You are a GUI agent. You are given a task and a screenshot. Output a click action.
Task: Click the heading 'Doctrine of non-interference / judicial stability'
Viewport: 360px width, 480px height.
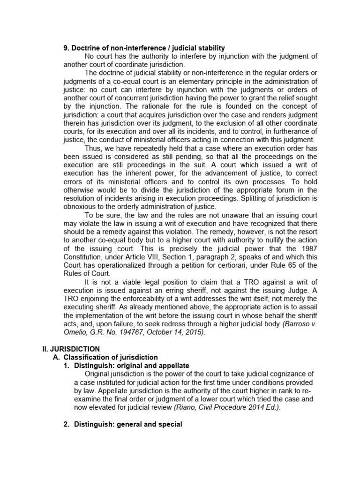pyautogui.click(x=144, y=48)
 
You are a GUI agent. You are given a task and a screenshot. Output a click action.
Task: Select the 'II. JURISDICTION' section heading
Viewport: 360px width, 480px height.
pyautogui.click(x=69, y=349)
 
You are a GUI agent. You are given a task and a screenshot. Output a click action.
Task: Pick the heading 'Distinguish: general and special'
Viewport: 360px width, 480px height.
pyautogui.click(x=128, y=424)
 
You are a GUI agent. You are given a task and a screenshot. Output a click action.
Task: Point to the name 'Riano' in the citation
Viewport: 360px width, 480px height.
pyautogui.click(x=185, y=407)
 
